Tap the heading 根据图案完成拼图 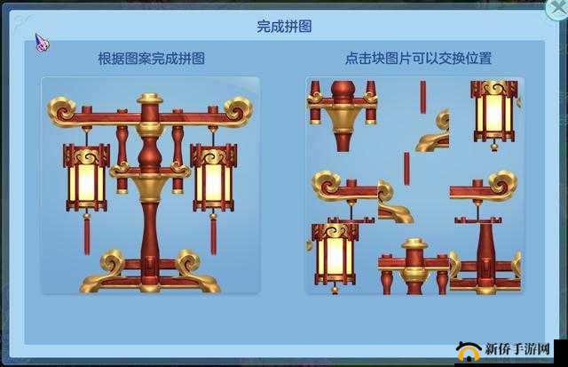151,59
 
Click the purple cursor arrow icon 41,41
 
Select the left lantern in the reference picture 86,179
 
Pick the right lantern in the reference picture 213,179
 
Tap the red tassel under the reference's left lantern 86,233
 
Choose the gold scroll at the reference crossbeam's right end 238,109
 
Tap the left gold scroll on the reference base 113,262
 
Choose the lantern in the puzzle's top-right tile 493,110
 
